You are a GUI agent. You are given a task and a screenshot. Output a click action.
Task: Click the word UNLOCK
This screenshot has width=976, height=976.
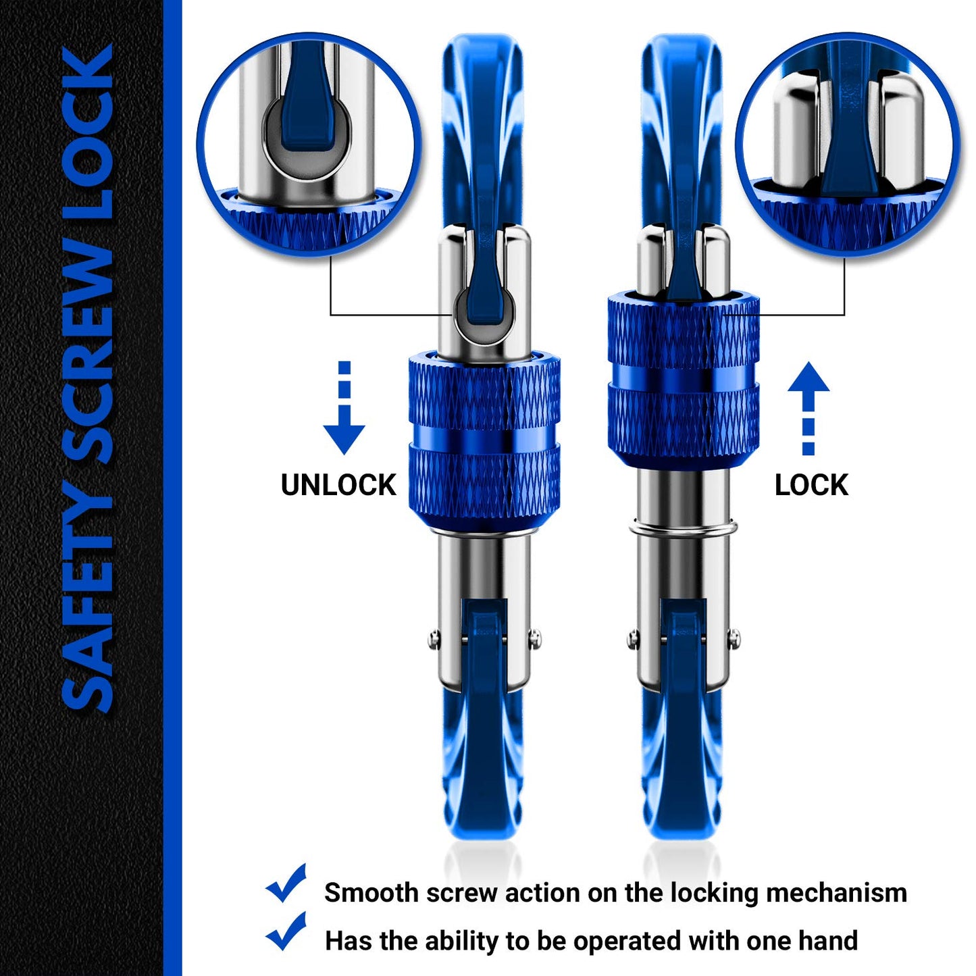click(338, 485)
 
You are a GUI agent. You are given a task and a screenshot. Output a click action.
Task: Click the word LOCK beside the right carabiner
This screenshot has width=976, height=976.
click(811, 485)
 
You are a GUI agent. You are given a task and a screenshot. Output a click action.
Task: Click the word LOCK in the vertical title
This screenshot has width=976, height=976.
click(88, 135)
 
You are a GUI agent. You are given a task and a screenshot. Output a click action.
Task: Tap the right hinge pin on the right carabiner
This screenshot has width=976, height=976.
click(734, 636)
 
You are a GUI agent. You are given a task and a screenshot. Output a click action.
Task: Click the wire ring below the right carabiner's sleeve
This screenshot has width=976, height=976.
click(682, 528)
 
